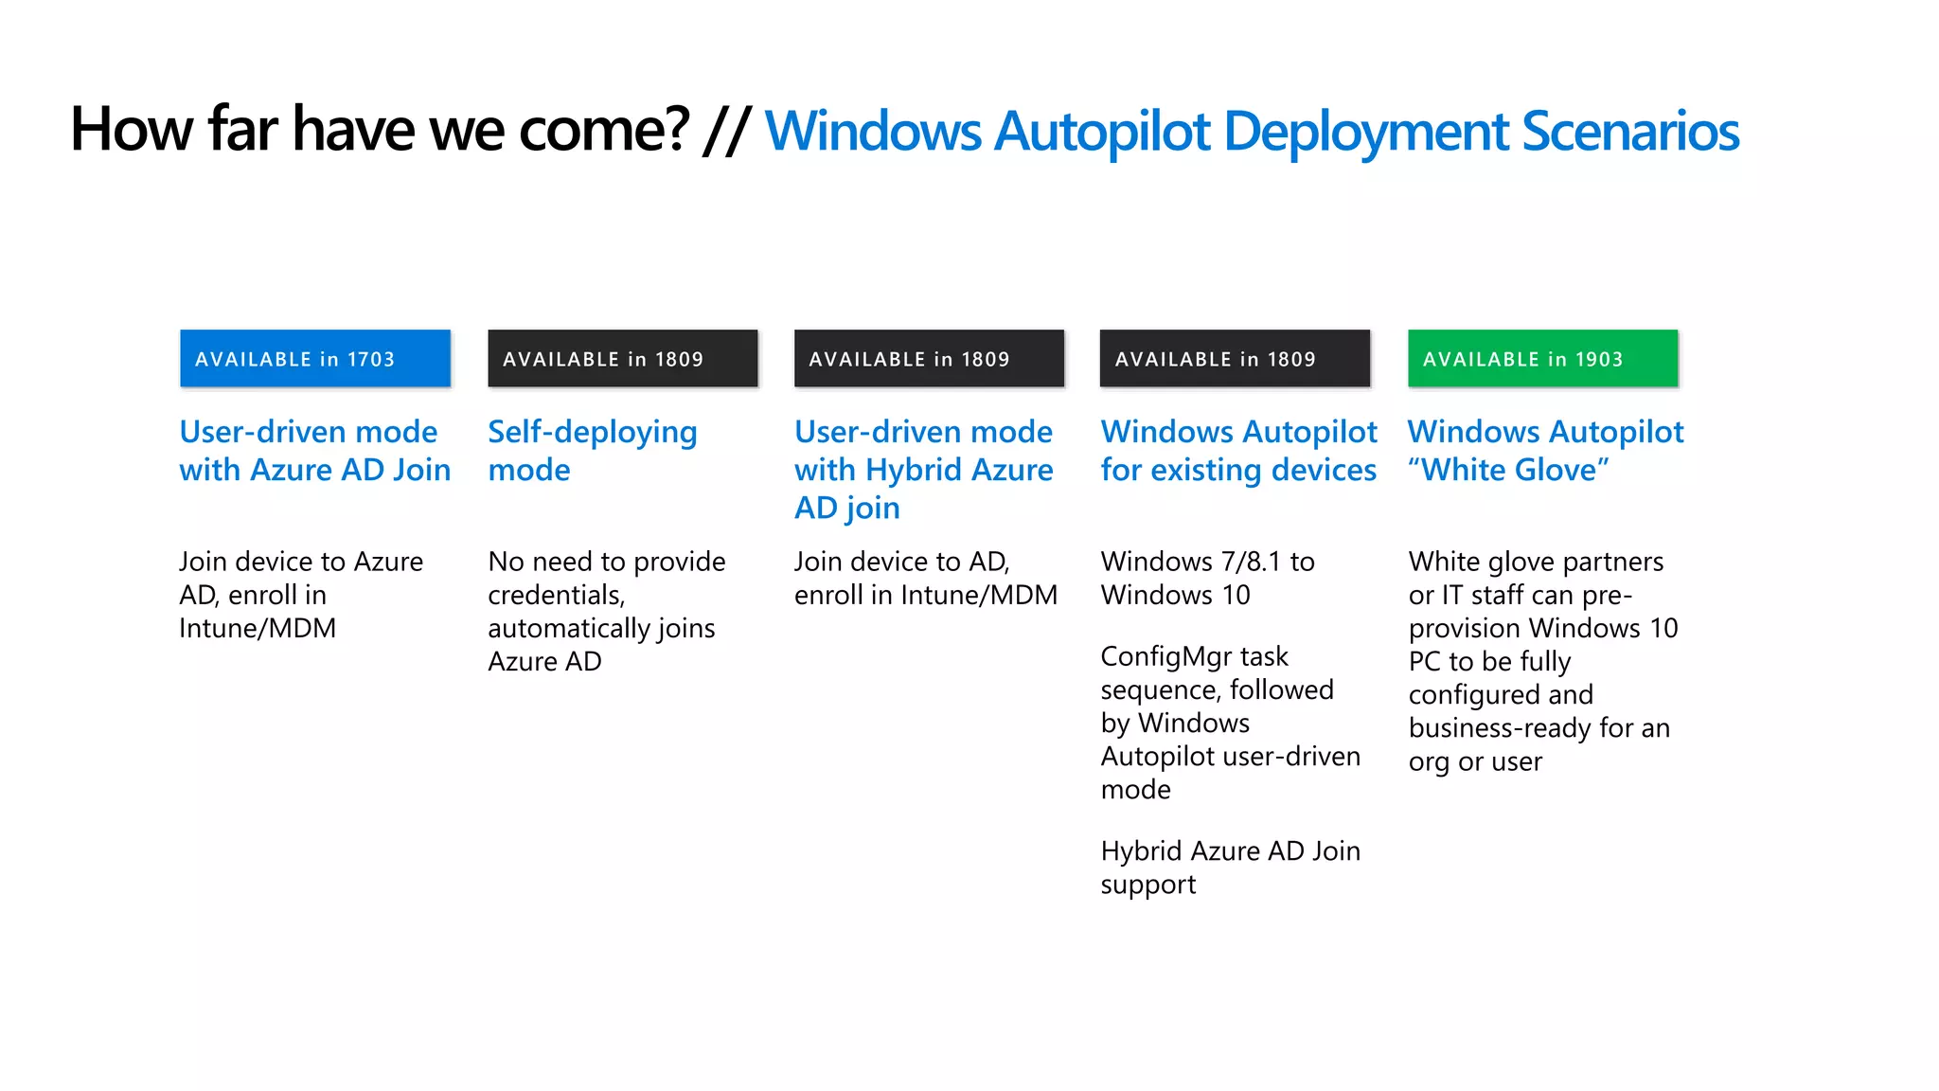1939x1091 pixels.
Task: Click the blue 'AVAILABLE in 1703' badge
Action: click(315, 359)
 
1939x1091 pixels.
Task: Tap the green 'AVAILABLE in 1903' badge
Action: click(1542, 359)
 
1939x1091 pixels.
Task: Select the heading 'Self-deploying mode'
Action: click(592, 451)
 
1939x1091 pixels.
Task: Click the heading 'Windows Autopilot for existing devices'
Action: click(1238, 451)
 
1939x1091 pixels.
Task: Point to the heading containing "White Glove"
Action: click(1545, 451)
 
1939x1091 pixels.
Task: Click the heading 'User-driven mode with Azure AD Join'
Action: click(314, 451)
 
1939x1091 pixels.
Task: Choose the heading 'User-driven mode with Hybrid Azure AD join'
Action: click(923, 470)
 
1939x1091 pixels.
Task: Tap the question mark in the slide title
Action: click(677, 129)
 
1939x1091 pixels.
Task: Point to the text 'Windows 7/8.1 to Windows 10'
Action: click(1207, 578)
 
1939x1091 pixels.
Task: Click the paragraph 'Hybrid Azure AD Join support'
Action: click(1230, 867)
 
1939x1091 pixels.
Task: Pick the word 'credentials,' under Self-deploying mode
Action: click(557, 595)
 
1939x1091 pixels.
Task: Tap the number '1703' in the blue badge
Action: click(371, 360)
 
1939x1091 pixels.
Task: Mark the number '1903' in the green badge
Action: click(1599, 360)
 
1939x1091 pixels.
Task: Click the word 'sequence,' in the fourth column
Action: click(1162, 689)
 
